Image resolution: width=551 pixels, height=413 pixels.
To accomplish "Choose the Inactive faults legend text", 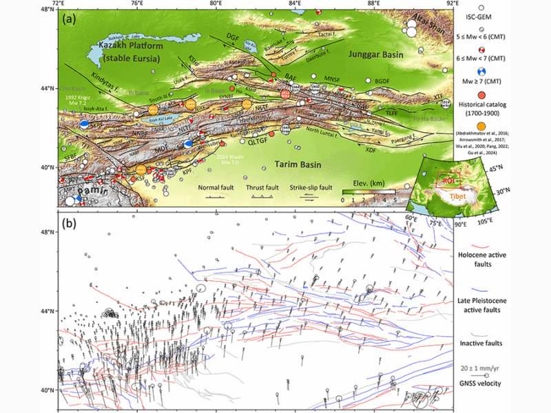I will (x=501, y=342).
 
